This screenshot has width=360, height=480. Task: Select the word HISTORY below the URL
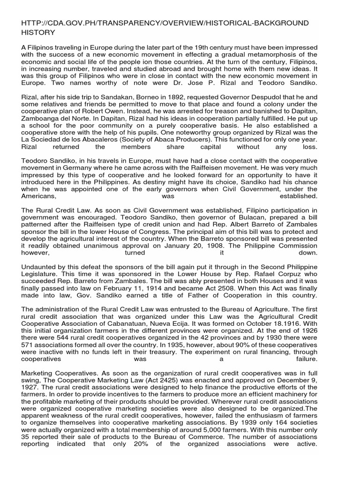coord(38,32)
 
